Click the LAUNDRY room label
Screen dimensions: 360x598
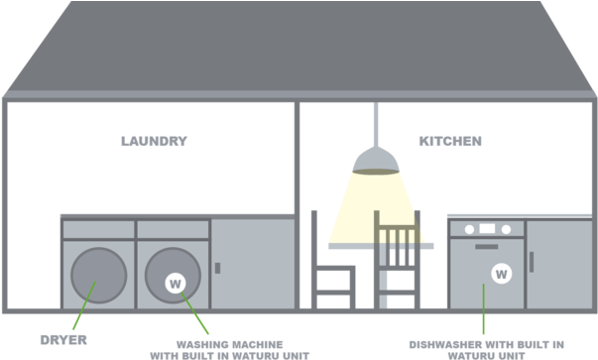[154, 142]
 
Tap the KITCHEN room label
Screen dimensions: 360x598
[449, 142]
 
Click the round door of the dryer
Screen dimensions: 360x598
[99, 275]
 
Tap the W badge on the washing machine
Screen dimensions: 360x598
[176, 284]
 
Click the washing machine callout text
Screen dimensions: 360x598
[229, 348]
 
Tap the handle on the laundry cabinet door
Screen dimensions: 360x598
[217, 268]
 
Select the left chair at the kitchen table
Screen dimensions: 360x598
[331, 263]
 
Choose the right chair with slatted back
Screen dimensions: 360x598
[397, 258]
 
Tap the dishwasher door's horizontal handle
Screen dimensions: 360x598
[487, 244]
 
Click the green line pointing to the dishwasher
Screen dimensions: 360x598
[483, 309]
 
